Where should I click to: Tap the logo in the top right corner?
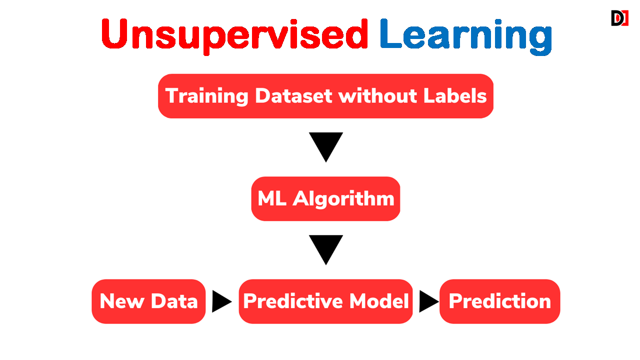tap(619, 18)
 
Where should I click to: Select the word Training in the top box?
tap(206, 96)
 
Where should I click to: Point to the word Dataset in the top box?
tap(293, 95)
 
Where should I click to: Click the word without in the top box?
tap(377, 95)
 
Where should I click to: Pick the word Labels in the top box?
tap(455, 95)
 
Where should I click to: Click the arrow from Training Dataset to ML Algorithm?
tap(325, 147)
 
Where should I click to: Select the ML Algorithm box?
tap(325, 199)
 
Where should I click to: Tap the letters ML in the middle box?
tap(271, 198)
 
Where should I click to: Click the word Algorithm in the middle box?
tap(343, 199)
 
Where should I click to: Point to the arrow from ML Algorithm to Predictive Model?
tap(325, 250)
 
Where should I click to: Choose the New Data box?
tap(148, 301)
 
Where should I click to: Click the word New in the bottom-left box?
tap(122, 301)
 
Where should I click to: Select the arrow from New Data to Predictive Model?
tap(221, 301)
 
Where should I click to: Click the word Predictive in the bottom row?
tap(292, 301)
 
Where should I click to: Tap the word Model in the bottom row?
tap(379, 301)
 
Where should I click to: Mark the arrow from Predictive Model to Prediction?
tap(429, 301)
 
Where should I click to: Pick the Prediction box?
tap(499, 301)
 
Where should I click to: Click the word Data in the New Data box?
tap(174, 301)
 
